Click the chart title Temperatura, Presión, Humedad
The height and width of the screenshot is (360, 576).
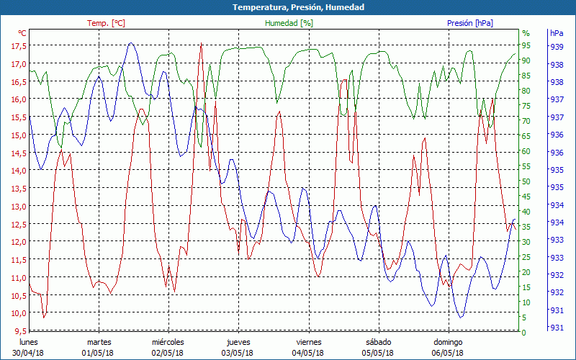(x=288, y=7)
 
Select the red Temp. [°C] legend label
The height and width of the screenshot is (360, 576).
(x=106, y=23)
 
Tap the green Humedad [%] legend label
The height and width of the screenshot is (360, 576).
(x=289, y=23)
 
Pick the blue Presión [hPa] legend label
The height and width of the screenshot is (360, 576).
(x=470, y=23)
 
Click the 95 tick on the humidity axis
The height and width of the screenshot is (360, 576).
(x=526, y=45)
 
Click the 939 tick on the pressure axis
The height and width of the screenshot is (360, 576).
(x=557, y=47)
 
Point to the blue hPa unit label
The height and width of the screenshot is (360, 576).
(x=557, y=33)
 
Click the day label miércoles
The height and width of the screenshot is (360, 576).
(x=168, y=342)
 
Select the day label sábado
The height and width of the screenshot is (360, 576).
(x=378, y=342)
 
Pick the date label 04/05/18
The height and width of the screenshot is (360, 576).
(x=307, y=353)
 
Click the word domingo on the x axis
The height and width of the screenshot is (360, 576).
(x=448, y=342)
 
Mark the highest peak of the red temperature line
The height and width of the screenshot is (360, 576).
(x=201, y=45)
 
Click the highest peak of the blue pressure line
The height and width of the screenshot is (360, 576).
(x=131, y=43)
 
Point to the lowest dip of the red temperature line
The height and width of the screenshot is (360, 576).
(x=44, y=318)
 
